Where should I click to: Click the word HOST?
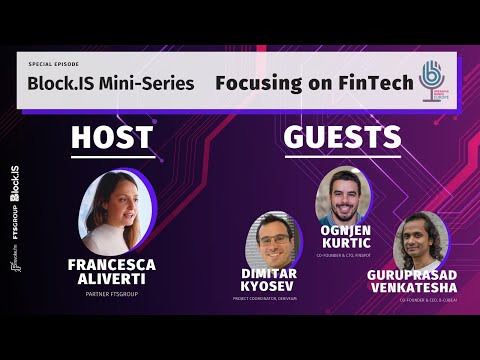[111, 139]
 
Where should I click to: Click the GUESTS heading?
[342, 137]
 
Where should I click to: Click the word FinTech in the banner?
[371, 81]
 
